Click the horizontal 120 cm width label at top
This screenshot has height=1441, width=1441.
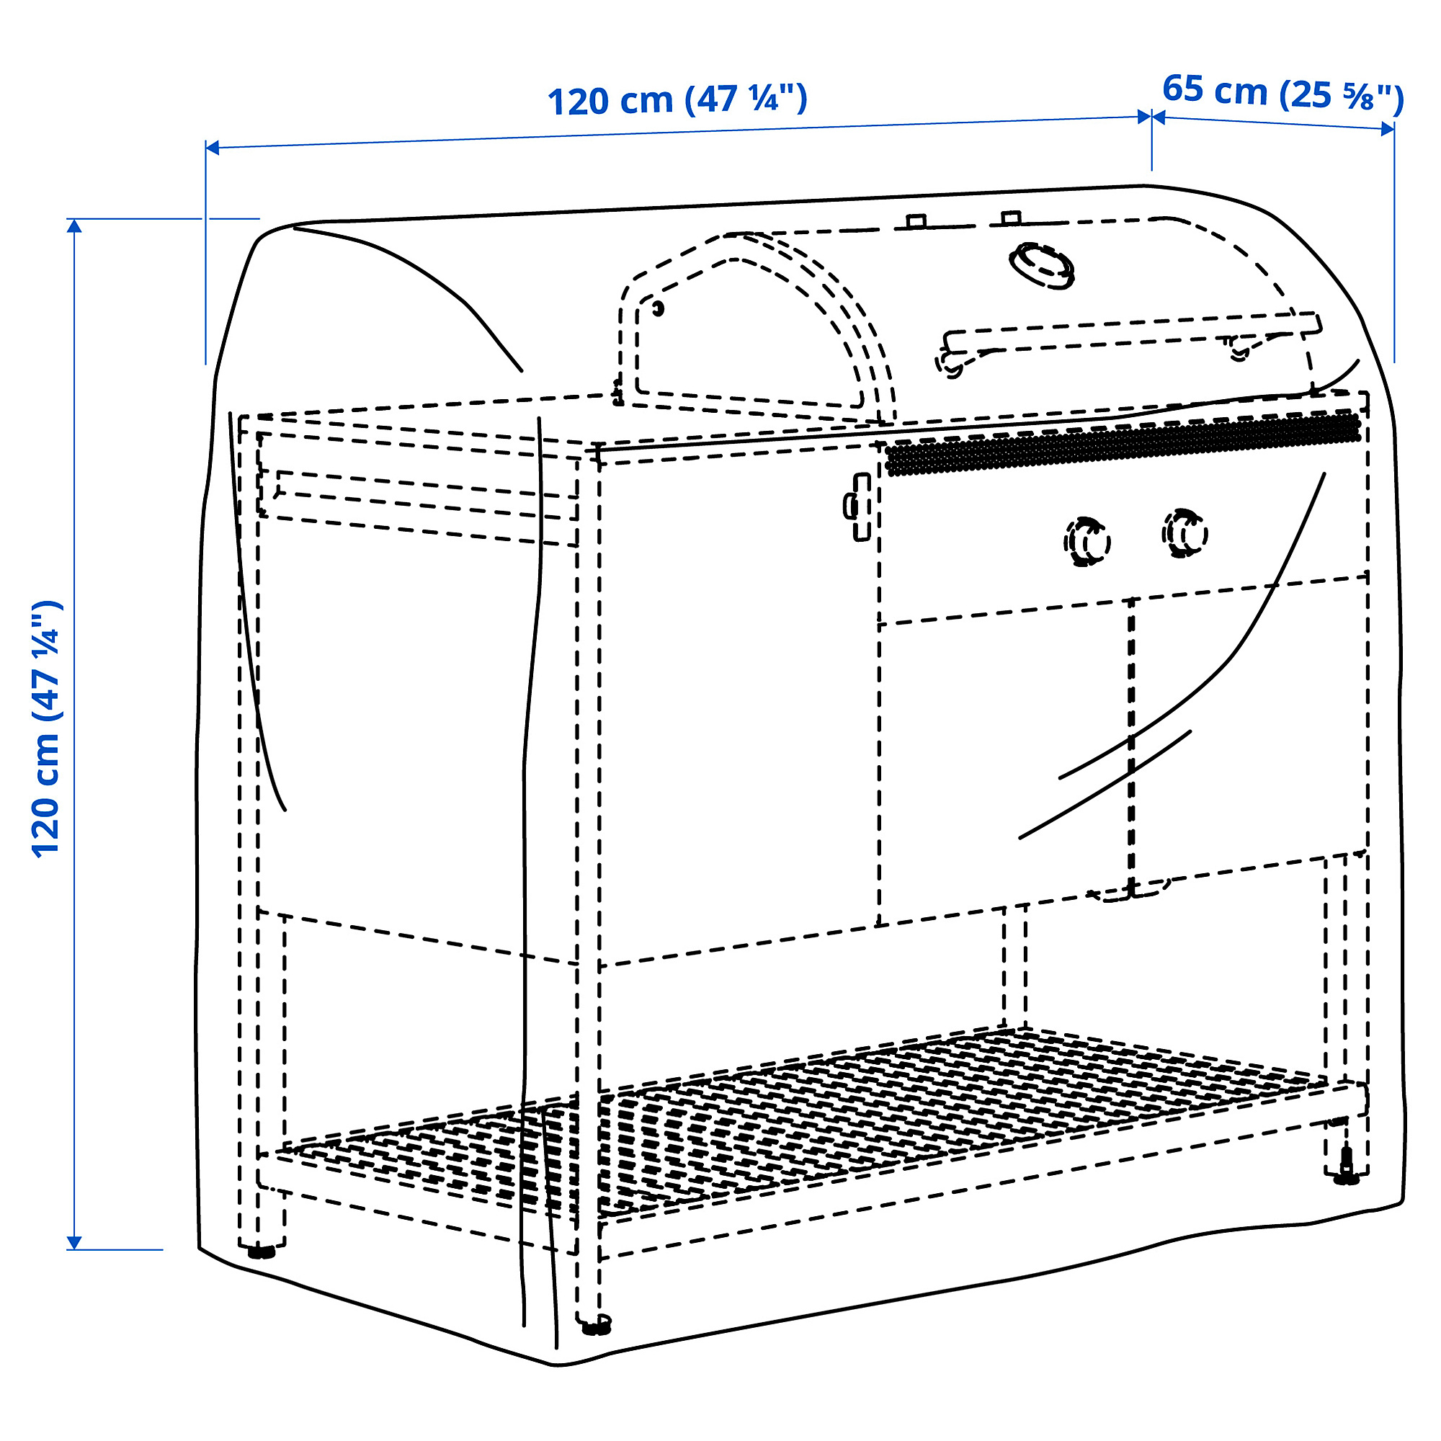coord(677,100)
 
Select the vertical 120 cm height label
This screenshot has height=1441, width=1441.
coord(46,728)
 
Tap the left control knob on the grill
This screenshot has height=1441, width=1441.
coord(1087,543)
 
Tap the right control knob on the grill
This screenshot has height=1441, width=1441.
coord(1185,532)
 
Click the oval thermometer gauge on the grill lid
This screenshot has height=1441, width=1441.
coord(1042,264)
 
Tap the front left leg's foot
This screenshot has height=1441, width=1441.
coord(261,1250)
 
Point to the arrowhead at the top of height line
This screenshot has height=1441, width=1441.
coord(73,227)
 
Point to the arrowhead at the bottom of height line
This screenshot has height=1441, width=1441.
coord(73,1241)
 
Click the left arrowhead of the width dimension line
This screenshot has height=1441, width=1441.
coord(213,148)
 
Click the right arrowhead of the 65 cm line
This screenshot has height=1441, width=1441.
coord(1386,128)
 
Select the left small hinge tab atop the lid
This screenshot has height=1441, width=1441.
coord(916,221)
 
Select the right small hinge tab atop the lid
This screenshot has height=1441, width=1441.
coord(1011,218)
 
